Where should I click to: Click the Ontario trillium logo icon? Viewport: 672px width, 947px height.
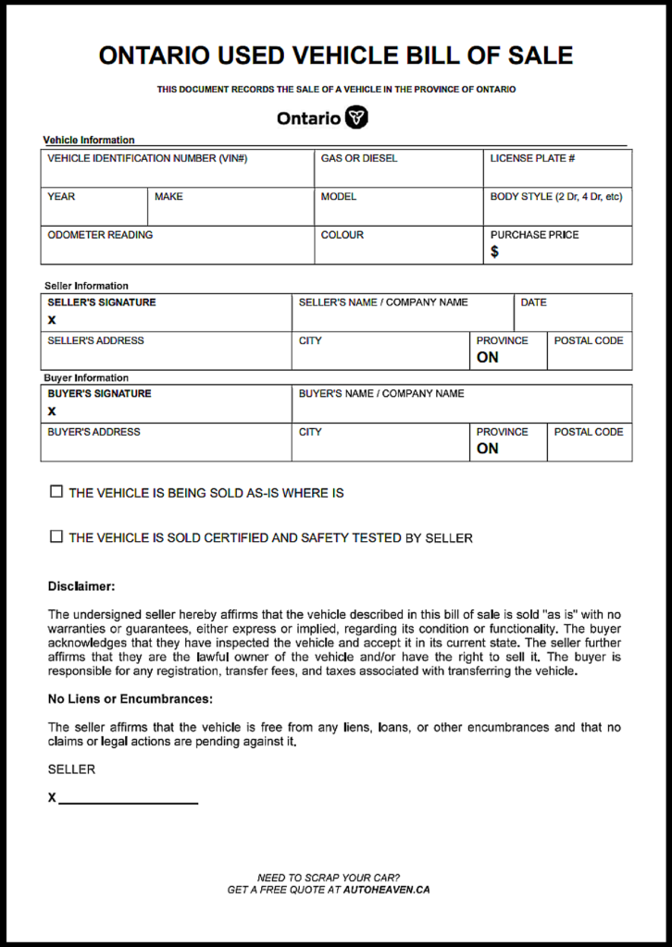tap(356, 118)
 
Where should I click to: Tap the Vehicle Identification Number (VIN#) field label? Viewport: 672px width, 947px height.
tap(147, 159)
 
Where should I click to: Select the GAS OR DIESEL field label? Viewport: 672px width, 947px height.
tap(359, 159)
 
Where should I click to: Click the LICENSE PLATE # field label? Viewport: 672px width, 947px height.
tap(532, 159)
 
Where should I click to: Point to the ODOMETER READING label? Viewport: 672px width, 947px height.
tap(100, 235)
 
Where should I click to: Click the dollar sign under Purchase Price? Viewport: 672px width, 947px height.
tap(494, 252)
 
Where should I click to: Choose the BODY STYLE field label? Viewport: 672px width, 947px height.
tap(555, 197)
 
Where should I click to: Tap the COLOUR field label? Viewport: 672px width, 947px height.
tap(342, 235)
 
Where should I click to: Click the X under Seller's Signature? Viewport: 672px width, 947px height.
tap(52, 320)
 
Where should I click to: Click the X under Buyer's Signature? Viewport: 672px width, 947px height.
tap(52, 412)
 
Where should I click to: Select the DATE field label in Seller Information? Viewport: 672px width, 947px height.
tap(533, 302)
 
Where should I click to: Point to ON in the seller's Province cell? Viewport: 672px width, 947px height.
tap(487, 358)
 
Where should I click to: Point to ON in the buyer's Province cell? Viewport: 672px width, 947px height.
tap(487, 449)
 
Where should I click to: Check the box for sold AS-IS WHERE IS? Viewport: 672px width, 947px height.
tap(56, 492)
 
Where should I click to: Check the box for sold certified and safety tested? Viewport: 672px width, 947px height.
tap(56, 536)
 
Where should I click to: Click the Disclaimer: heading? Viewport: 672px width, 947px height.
tap(81, 586)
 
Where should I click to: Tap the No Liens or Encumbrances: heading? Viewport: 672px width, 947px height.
tap(130, 699)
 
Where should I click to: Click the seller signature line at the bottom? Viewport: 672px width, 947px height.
tap(128, 797)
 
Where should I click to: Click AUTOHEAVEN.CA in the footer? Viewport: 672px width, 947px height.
tap(386, 890)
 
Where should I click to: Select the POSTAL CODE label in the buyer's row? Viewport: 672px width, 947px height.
tap(588, 432)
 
